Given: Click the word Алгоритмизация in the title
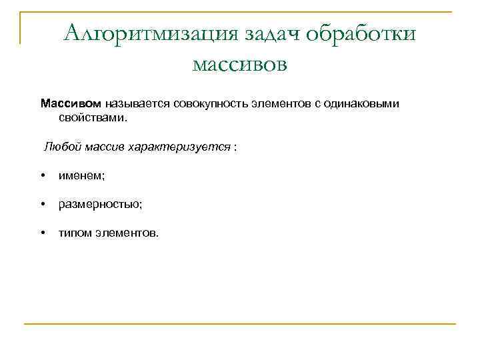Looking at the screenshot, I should (x=152, y=33).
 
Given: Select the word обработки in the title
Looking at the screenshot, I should (x=362, y=33).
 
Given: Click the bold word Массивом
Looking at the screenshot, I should (x=71, y=103).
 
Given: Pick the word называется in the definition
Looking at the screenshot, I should (x=137, y=103).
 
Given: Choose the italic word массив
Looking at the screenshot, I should (x=108, y=146).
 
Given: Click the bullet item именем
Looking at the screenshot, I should (x=81, y=175).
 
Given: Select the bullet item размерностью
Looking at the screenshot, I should (x=100, y=205).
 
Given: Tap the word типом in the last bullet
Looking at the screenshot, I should (x=74, y=233).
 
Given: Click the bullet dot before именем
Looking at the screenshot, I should (x=42, y=175).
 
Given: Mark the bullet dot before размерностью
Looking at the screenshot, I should (x=42, y=204).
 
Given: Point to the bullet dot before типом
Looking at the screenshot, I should (x=42, y=233).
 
